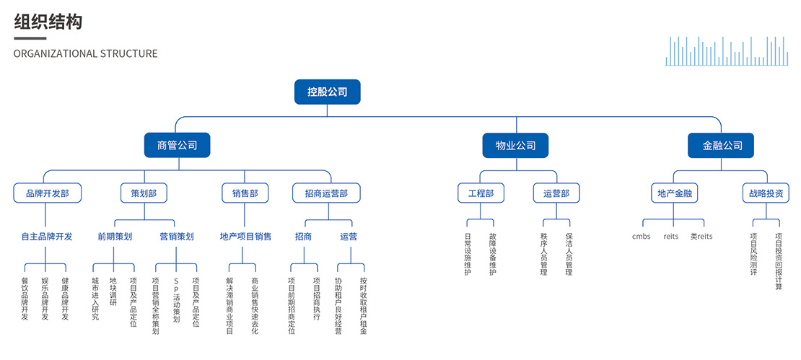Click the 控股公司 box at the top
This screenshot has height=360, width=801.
point(327,92)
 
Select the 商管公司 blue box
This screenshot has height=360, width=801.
point(177,145)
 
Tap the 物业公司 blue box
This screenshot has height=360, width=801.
point(515,145)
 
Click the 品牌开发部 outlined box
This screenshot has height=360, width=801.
point(47,193)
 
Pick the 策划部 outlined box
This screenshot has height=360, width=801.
point(144,193)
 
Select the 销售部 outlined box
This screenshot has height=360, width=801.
point(245,193)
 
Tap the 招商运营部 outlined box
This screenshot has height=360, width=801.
point(326,193)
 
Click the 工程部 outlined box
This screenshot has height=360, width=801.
point(481,193)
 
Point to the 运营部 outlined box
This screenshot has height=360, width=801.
point(556,193)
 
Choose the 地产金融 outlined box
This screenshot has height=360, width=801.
point(674,193)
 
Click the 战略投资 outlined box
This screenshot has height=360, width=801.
point(766,193)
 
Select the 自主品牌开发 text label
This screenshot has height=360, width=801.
point(47,236)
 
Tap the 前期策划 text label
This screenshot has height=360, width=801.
point(115,236)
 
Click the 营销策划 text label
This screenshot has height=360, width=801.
point(176,236)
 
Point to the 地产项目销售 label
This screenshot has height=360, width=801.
point(245,236)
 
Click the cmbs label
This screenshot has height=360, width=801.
point(641,237)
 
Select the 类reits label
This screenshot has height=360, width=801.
point(701,237)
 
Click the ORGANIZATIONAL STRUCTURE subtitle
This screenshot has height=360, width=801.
point(85,53)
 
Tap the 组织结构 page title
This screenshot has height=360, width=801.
point(48,22)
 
